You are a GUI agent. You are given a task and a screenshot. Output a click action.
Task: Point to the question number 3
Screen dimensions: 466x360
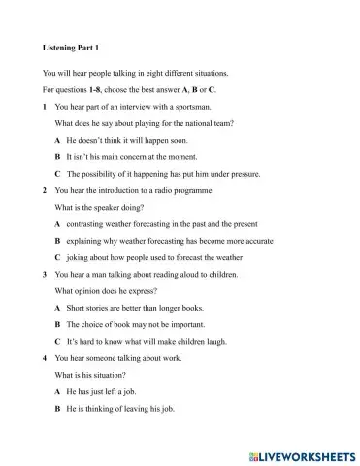click(46, 274)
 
